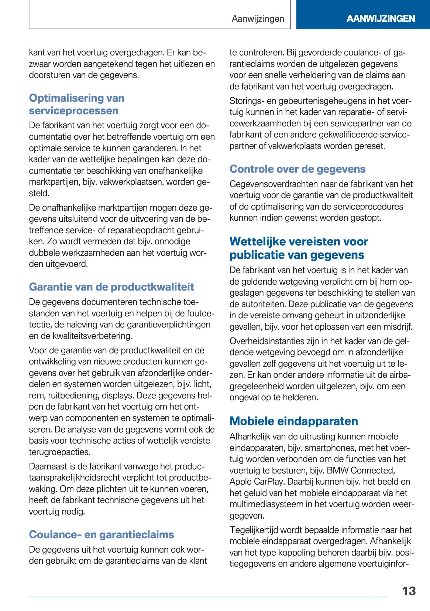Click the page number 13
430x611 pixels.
(x=409, y=591)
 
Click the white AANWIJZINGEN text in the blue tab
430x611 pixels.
(x=381, y=18)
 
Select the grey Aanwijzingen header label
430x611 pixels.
(x=258, y=19)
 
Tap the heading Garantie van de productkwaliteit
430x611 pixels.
(x=111, y=287)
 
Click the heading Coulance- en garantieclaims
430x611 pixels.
(x=102, y=534)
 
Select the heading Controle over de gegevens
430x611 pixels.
(x=297, y=169)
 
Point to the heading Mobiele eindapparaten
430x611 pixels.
(x=293, y=421)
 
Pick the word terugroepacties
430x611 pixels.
(x=59, y=452)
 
